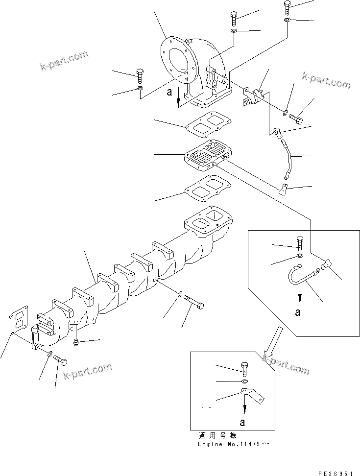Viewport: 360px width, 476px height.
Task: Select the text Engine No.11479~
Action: pyautogui.click(x=234, y=444)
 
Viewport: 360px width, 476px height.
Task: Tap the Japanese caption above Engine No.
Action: pyautogui.click(x=217, y=435)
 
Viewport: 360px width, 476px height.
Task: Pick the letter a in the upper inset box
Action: pyautogui.click(x=298, y=312)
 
